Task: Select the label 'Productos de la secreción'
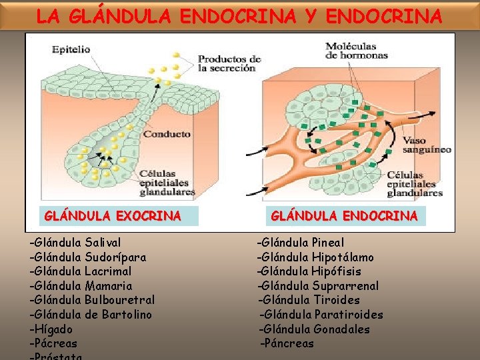229,63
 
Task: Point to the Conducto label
167,134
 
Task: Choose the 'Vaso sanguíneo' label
427,145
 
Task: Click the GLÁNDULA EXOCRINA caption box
112,216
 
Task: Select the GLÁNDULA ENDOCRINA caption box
344,216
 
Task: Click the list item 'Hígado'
51,329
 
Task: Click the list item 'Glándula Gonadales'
315,329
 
